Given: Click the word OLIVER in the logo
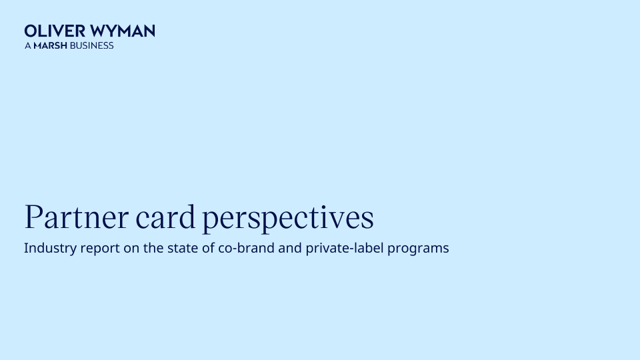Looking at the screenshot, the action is pyautogui.click(x=55, y=31).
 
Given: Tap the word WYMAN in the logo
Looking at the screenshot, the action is pyautogui.click(x=123, y=31).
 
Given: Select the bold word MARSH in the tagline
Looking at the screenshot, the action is pyautogui.click(x=50, y=45).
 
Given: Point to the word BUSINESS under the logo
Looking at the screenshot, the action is pyautogui.click(x=91, y=45).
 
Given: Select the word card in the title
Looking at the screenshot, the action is pyautogui.click(x=165, y=217).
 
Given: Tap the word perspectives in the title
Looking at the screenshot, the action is pyautogui.click(x=288, y=218).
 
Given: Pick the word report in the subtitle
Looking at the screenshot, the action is pyautogui.click(x=100, y=249).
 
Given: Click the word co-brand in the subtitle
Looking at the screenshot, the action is pyautogui.click(x=246, y=248).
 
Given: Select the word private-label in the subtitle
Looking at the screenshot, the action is pyautogui.click(x=345, y=248).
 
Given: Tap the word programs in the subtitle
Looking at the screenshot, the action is pyautogui.click(x=418, y=249).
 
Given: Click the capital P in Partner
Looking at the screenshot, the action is pyautogui.click(x=34, y=217).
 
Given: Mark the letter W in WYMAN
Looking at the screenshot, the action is pyautogui.click(x=99, y=31).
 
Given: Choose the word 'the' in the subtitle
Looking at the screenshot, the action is pyautogui.click(x=153, y=248).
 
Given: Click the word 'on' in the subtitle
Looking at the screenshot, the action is pyautogui.click(x=131, y=249).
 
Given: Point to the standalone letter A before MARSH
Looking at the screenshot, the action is pyautogui.click(x=28, y=45).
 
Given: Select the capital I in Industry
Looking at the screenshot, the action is pyautogui.click(x=26, y=248).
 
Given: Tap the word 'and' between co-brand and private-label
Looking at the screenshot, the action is pyautogui.click(x=290, y=248).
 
